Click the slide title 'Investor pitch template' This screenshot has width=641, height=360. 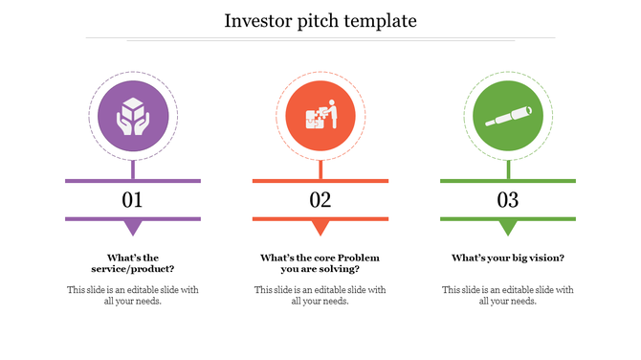[320, 20]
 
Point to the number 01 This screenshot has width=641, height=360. [132, 200]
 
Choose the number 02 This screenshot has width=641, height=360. [320, 200]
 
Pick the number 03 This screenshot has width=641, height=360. [507, 200]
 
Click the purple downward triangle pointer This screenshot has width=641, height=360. [133, 228]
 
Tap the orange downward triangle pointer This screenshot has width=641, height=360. [320, 228]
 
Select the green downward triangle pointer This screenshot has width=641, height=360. [508, 228]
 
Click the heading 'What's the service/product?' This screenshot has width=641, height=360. [132, 263]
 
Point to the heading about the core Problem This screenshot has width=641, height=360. [320, 263]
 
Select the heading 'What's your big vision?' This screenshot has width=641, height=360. [507, 258]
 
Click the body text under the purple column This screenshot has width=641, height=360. [132, 295]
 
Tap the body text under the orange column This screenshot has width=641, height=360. [320, 295]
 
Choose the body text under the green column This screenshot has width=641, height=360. [507, 295]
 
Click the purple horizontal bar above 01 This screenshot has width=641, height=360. [132, 180]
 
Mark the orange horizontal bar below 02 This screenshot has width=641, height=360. [320, 219]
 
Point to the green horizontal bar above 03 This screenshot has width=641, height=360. [507, 180]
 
